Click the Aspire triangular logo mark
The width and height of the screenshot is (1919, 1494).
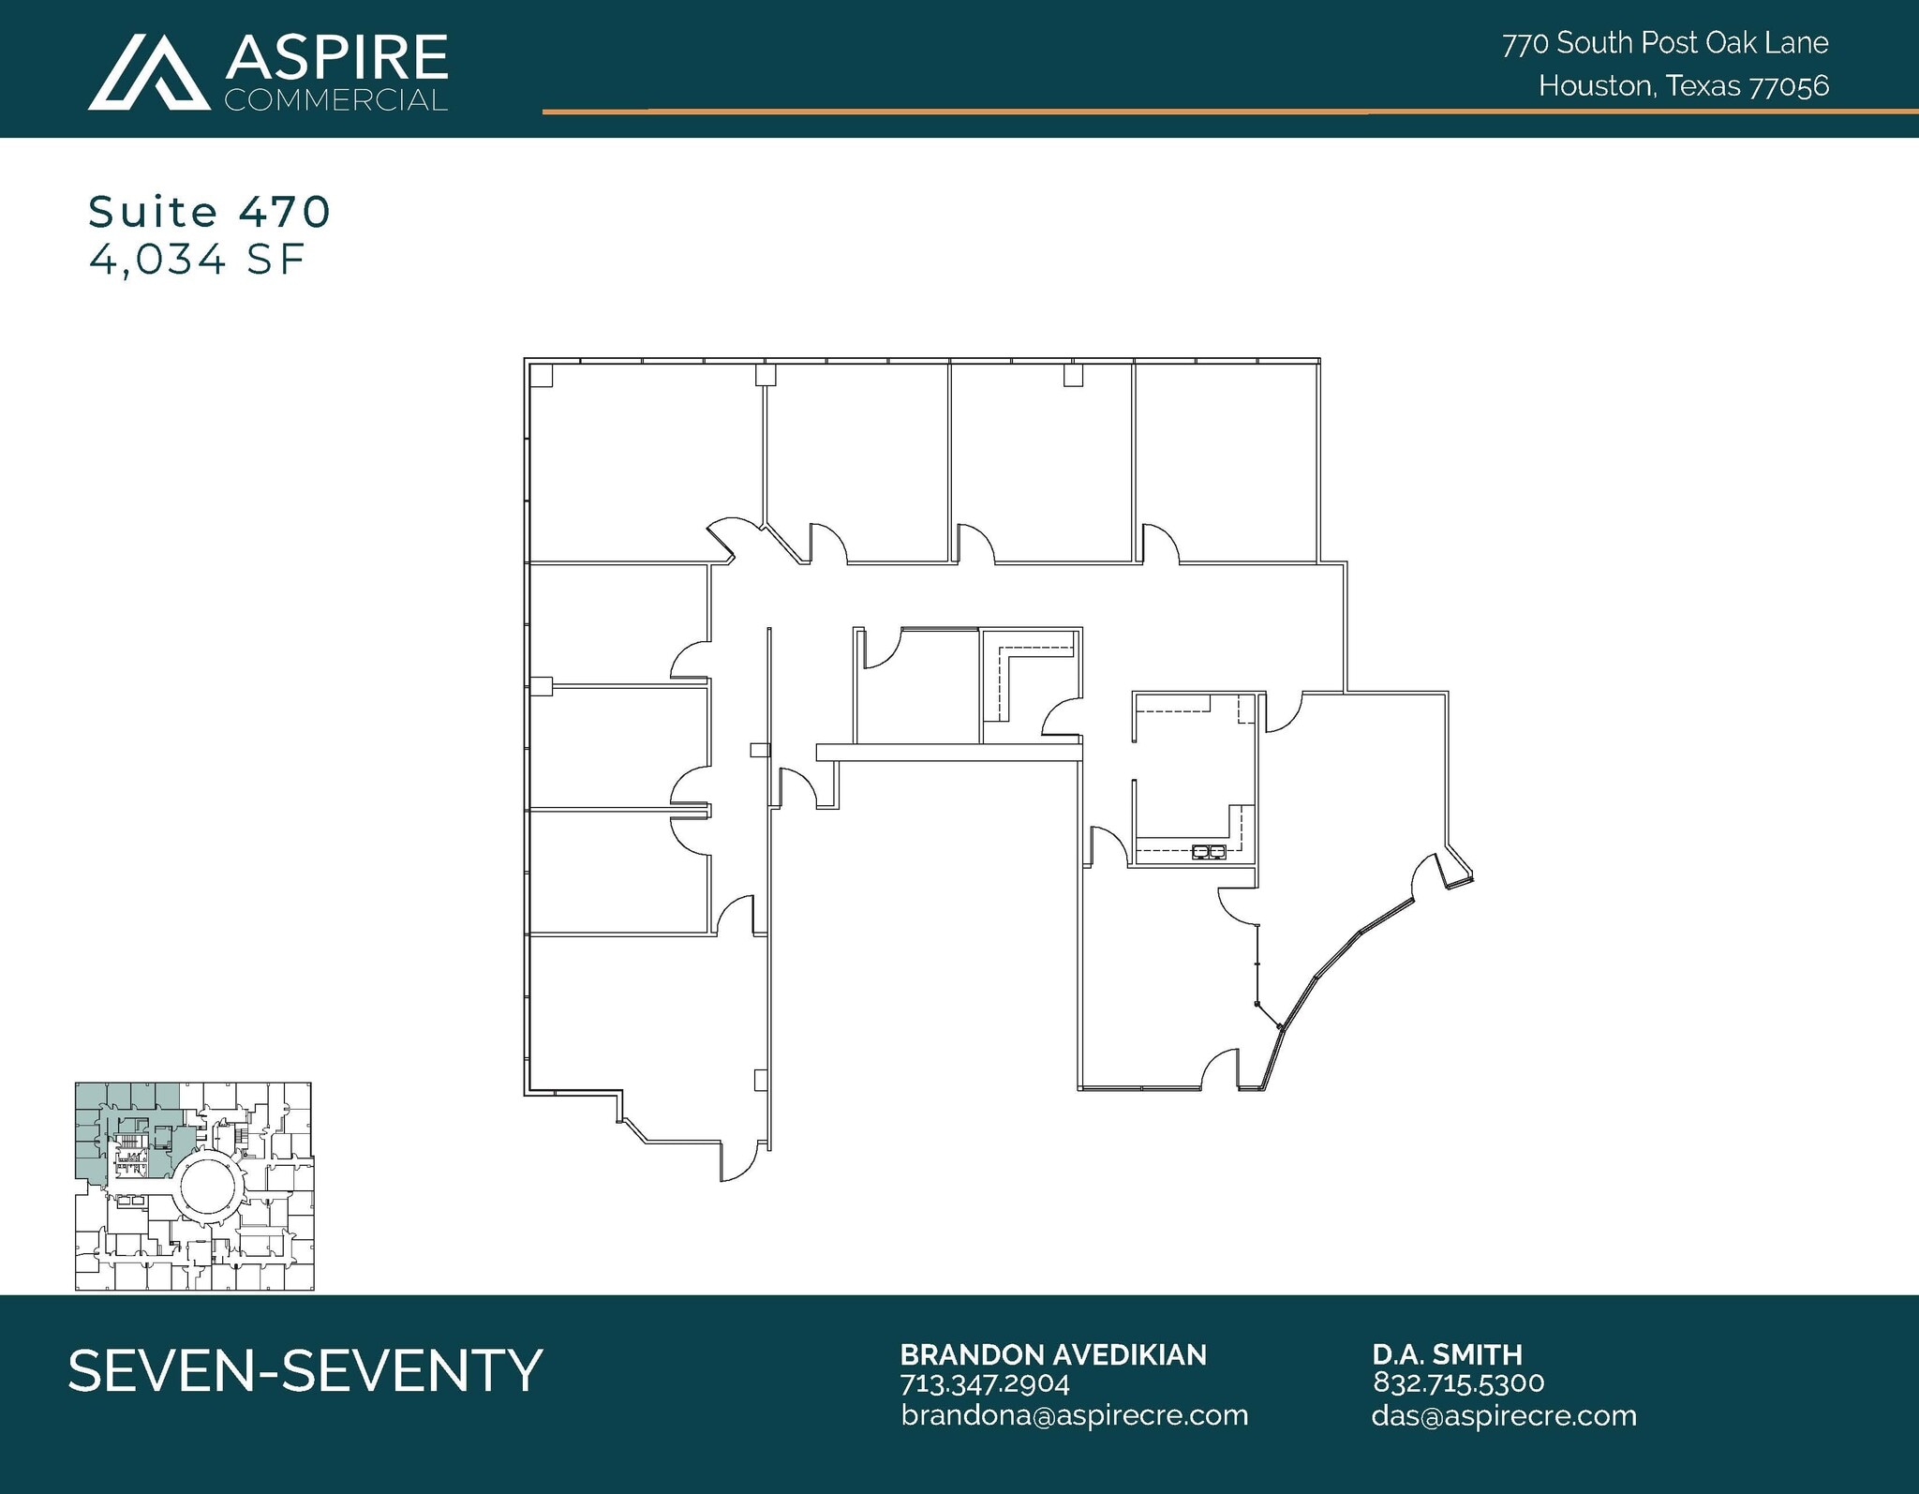pyautogui.click(x=149, y=72)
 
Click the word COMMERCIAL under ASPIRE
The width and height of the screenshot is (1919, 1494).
pyautogui.click(x=335, y=100)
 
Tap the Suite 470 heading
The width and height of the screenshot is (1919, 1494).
pyautogui.click(x=209, y=212)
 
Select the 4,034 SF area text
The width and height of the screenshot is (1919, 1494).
pyautogui.click(x=198, y=260)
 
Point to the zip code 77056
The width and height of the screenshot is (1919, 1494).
pyautogui.click(x=1790, y=86)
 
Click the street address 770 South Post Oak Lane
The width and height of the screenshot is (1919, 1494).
pyautogui.click(x=1665, y=43)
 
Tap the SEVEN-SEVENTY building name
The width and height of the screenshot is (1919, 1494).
pyautogui.click(x=305, y=1370)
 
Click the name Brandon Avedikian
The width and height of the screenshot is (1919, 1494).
pyautogui.click(x=1052, y=1354)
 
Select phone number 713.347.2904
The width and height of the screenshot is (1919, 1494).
pyautogui.click(x=984, y=1383)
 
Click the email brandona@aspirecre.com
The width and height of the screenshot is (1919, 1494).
pyautogui.click(x=1074, y=1415)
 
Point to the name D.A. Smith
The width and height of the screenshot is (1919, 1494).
pyautogui.click(x=1447, y=1354)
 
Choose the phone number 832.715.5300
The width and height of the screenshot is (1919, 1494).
pyautogui.click(x=1458, y=1383)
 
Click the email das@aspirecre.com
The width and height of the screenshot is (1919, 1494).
pyautogui.click(x=1503, y=1415)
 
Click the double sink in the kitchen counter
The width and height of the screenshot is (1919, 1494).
pyautogui.click(x=1209, y=852)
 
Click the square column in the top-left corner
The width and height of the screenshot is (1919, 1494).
pyautogui.click(x=541, y=376)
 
